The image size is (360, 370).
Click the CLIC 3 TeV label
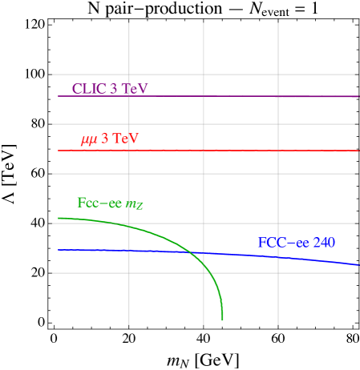coord(110,89)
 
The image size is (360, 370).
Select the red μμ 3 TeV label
coord(110,139)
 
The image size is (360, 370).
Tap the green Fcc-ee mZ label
coord(110,203)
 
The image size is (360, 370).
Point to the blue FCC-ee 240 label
coord(296,243)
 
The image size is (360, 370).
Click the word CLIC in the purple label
coord(89,89)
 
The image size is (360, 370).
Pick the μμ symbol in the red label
coord(89,140)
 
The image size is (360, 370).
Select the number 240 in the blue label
coord(323,243)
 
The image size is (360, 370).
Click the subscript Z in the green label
coord(140,207)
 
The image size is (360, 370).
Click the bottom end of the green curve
coord(222,320)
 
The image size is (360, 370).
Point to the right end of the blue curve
coord(358,264)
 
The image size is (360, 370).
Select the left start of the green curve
coord(59,218)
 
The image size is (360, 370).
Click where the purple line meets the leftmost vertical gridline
coord(129,96)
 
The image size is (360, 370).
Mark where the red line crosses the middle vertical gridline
coord(204,150)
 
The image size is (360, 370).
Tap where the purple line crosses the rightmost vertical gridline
coord(278,96)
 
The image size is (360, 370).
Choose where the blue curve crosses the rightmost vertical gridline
coord(278,256)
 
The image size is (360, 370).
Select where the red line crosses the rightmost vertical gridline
coord(278,150)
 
